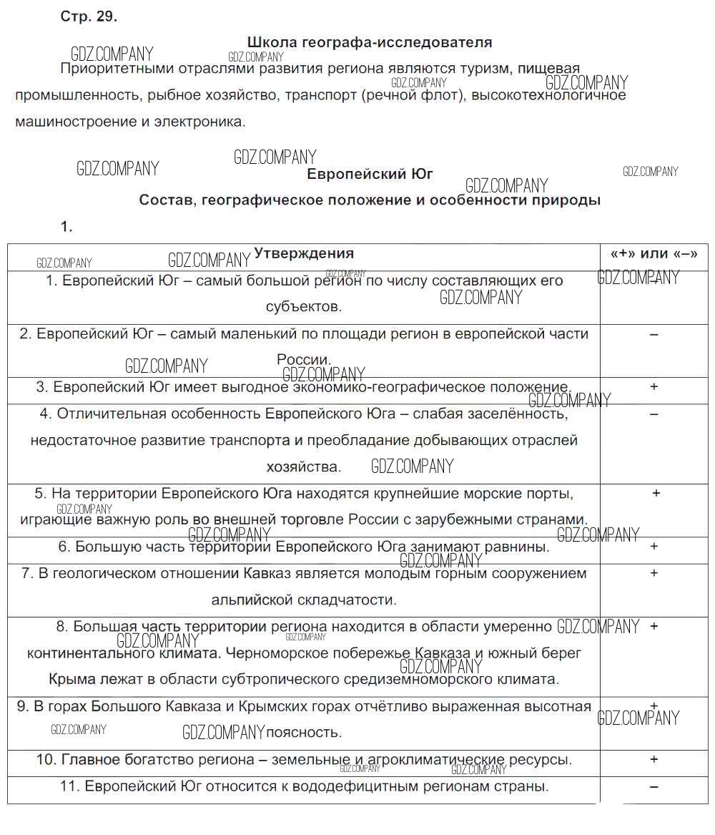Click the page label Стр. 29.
[x=89, y=17]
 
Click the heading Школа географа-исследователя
[x=369, y=42]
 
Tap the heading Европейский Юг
[x=370, y=174]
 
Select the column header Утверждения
[x=304, y=253]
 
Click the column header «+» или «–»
[x=654, y=253]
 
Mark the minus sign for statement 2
[x=654, y=334]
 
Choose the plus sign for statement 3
[x=654, y=386]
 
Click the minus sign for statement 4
[x=654, y=414]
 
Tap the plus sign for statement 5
[x=656, y=493]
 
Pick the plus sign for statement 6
[x=654, y=546]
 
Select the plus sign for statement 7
[x=654, y=573]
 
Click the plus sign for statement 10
[x=654, y=759]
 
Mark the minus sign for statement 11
[x=654, y=786]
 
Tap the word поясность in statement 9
[x=304, y=733]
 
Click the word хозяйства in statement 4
[x=303, y=467]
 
